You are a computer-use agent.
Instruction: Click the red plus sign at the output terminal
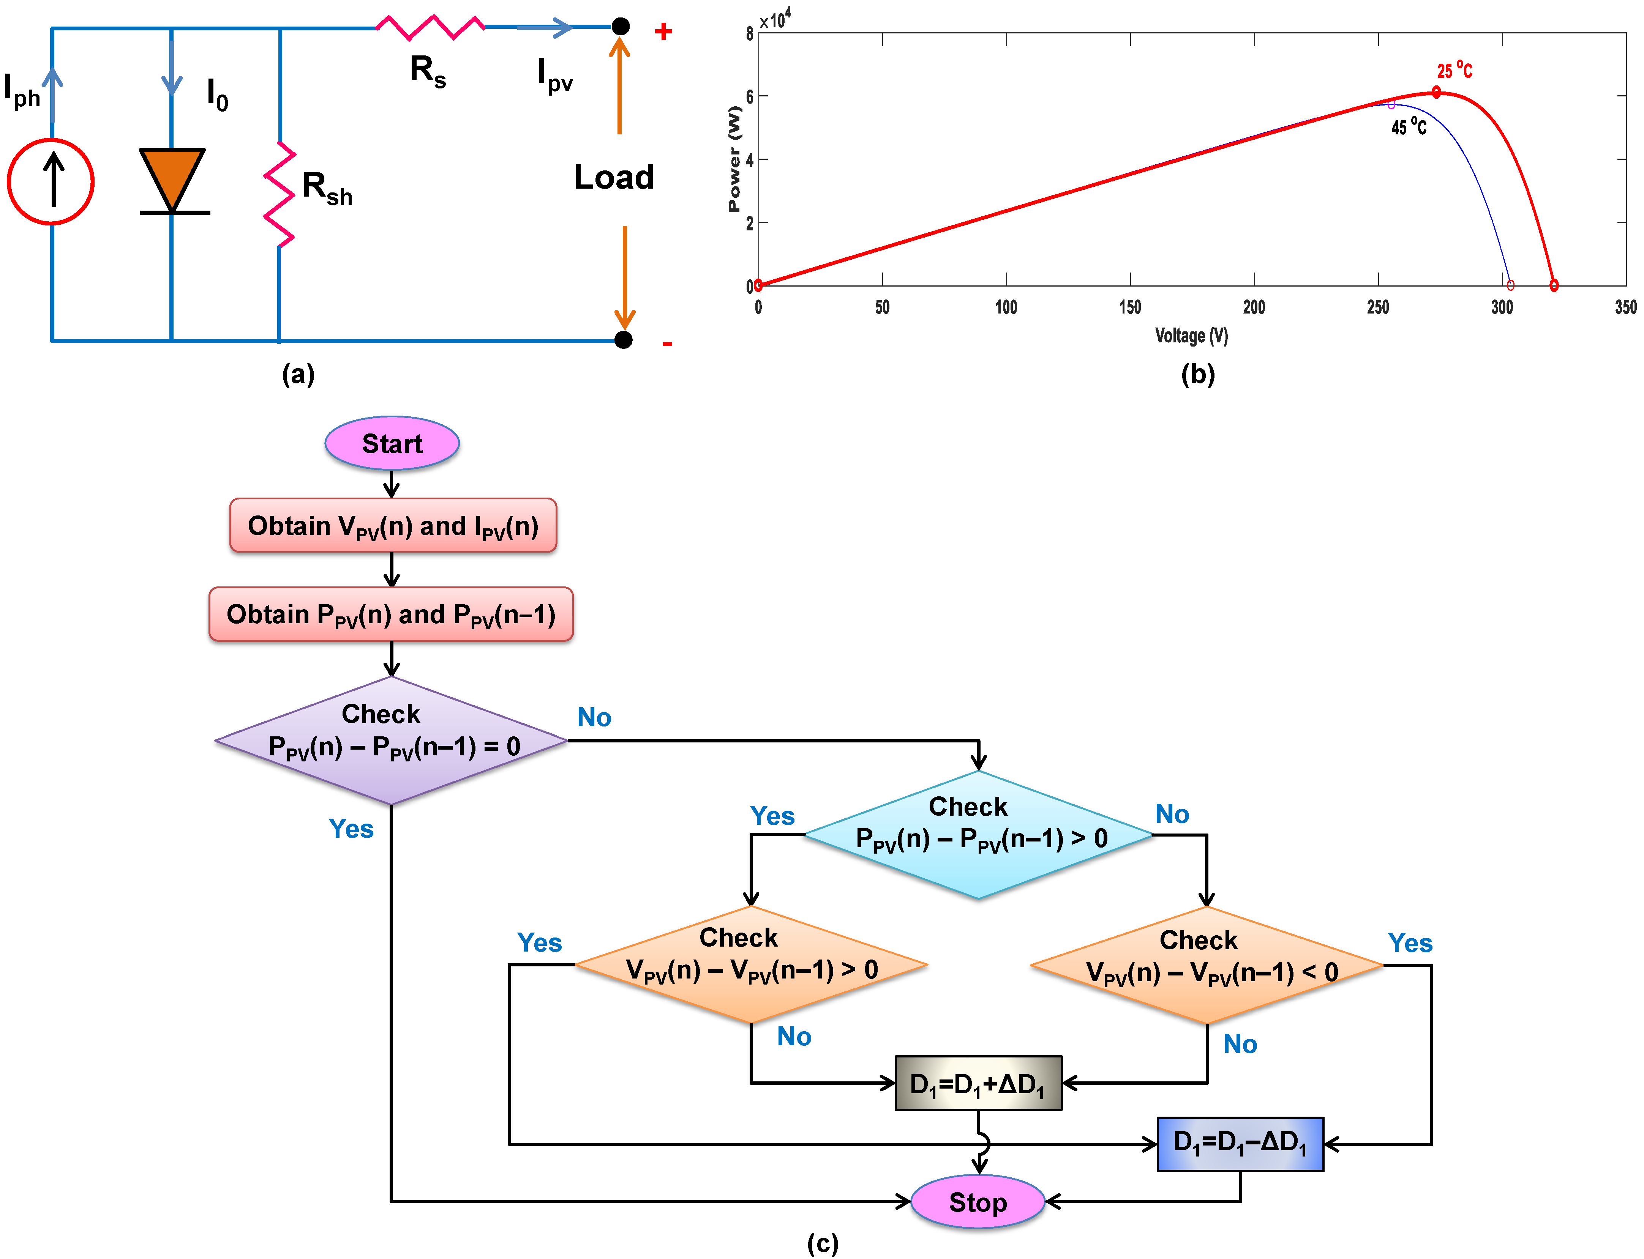click(663, 32)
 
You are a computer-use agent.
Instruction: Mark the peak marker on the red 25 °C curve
click(1436, 92)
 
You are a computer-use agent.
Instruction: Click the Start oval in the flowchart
click(392, 444)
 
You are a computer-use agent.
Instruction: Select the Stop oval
click(978, 1202)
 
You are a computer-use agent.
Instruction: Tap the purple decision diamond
click(391, 741)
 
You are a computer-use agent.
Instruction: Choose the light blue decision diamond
click(978, 834)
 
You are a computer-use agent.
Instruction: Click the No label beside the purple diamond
click(594, 717)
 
